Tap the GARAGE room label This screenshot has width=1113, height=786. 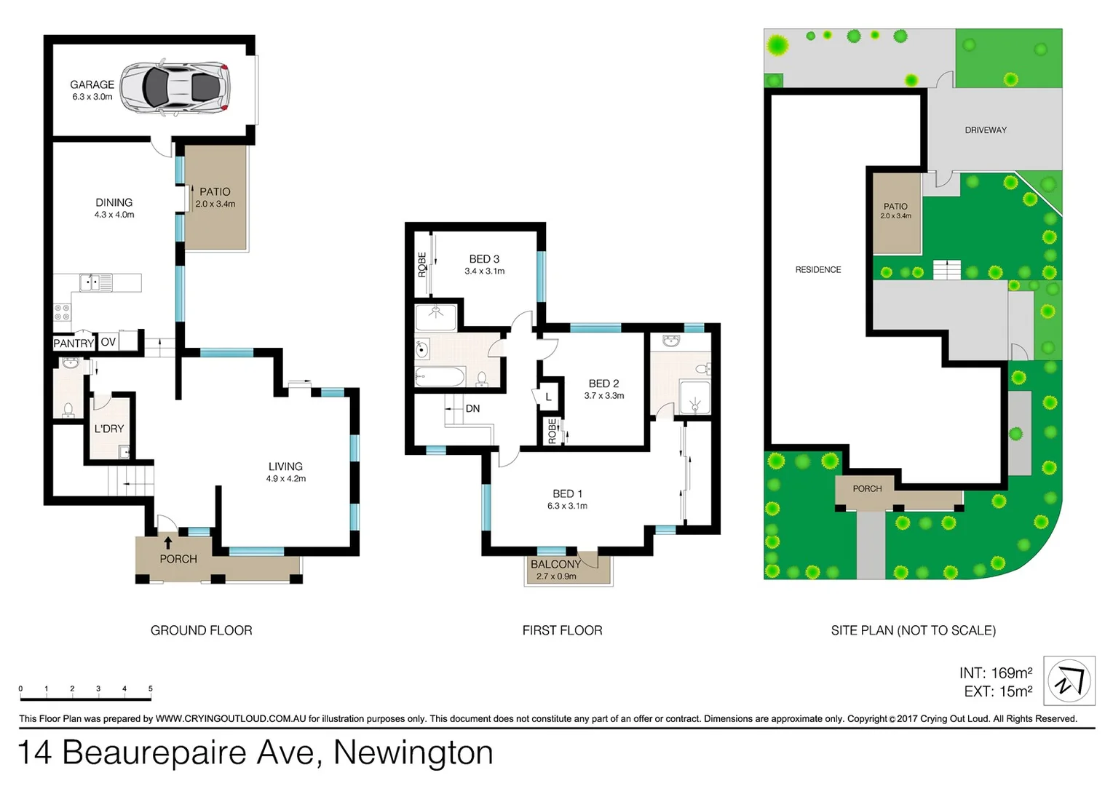92,84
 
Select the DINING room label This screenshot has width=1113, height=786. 114,202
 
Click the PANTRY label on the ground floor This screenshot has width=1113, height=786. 74,343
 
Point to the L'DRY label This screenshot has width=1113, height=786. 109,429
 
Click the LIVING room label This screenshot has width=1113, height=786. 285,467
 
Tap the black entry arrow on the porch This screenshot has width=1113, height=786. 168,543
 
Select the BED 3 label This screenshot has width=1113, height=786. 484,259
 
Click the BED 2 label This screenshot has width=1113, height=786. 603,384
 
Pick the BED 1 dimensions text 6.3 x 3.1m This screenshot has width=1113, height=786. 567,506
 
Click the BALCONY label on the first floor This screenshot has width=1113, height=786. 555,564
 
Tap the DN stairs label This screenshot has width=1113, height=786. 472,408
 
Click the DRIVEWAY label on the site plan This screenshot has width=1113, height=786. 986,130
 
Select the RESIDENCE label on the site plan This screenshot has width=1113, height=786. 817,270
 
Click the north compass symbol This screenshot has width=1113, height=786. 1069,681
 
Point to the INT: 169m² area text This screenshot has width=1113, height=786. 995,673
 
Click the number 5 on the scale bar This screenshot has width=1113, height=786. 151,688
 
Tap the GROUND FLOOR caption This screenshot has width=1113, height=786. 201,630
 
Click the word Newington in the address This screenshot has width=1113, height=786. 413,753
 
